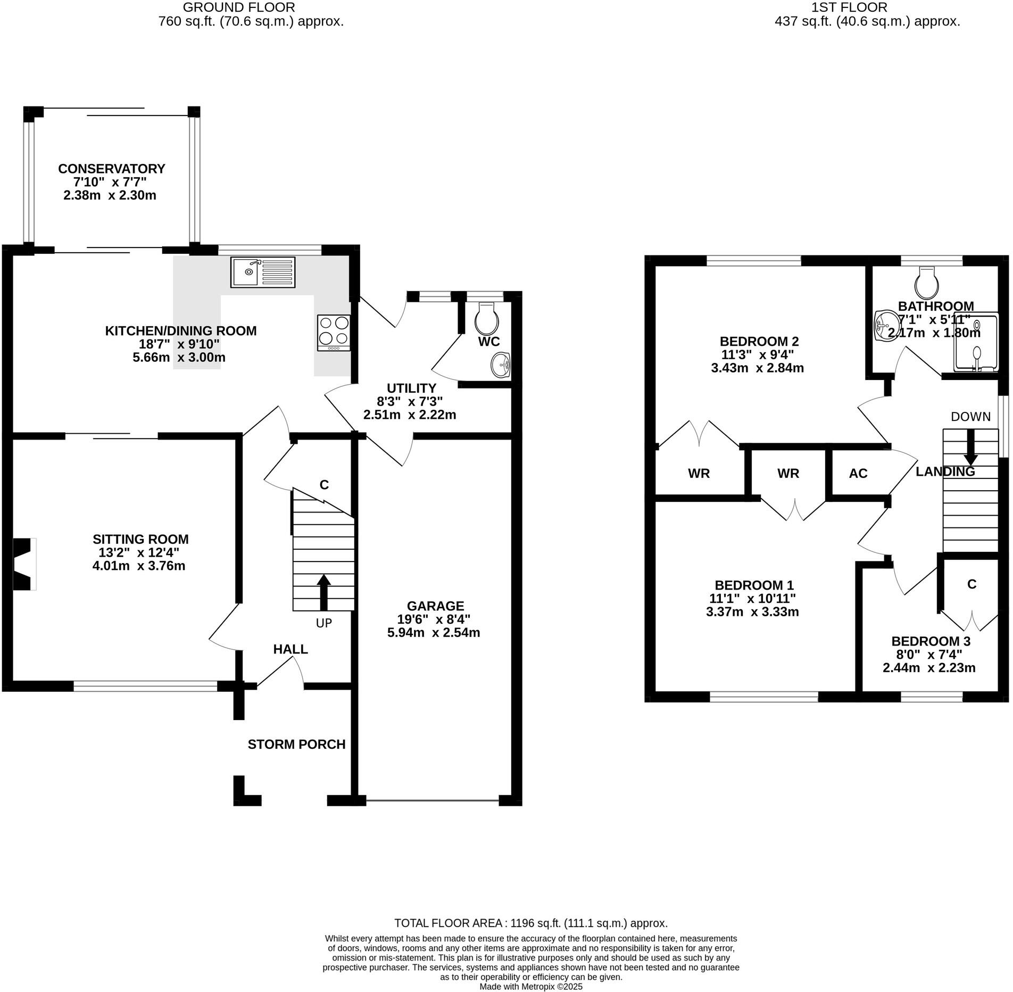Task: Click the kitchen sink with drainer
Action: tap(263, 272)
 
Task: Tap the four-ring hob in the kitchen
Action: tap(334, 332)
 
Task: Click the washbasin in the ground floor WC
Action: tap(501, 365)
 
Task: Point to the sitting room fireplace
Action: tap(23, 564)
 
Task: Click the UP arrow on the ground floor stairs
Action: tap(323, 591)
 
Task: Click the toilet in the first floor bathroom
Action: tap(926, 283)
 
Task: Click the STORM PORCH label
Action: tap(296, 744)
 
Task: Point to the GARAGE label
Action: tap(435, 606)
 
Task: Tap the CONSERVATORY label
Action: tap(111, 169)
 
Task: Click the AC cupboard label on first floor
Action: tap(858, 473)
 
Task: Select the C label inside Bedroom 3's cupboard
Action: tap(972, 584)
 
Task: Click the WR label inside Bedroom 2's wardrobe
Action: tap(699, 473)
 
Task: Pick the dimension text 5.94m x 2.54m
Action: tap(434, 633)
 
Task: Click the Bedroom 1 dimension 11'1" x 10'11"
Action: tap(752, 599)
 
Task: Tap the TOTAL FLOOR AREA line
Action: tap(530, 923)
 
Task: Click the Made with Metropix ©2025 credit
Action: tap(531, 986)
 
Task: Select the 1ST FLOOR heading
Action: tap(867, 7)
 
